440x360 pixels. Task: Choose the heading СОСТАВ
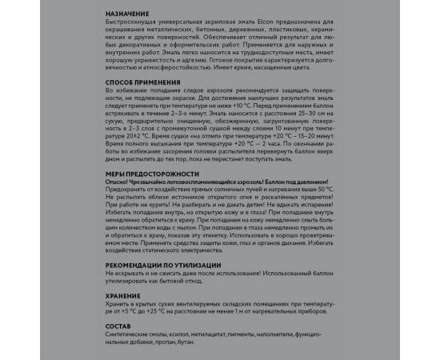(119, 326)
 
